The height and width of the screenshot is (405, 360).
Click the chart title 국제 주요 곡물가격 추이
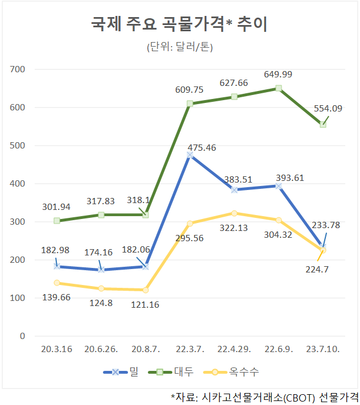pos(179,24)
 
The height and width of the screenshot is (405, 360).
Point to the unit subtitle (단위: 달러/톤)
pos(180,47)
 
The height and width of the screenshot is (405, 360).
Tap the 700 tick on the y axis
pos(17,69)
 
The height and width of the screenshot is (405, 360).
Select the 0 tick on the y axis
pos(23,336)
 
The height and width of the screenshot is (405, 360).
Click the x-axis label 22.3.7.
pos(190,349)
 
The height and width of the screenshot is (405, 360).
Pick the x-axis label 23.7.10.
pos(323,349)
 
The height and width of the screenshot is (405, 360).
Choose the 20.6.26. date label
pos(101,349)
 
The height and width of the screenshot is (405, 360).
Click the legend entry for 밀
pos(121,372)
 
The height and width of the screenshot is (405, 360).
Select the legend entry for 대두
pos(171,372)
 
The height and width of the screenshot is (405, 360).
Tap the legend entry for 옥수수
pos(231,372)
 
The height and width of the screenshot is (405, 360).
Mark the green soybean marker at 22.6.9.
pos(279,88)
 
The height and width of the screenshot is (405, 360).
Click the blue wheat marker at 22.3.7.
pos(190,155)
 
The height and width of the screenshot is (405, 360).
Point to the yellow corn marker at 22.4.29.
pos(234,213)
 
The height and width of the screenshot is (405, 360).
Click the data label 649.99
pos(278,75)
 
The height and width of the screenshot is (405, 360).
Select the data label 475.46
pos(202,148)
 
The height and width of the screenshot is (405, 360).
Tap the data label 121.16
pos(145,305)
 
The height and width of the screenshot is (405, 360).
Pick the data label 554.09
pos(328,109)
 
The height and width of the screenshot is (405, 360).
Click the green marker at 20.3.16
pos(57,221)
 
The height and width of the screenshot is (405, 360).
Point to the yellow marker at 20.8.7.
pos(146,290)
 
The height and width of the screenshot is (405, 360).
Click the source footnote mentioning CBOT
pos(264,398)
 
